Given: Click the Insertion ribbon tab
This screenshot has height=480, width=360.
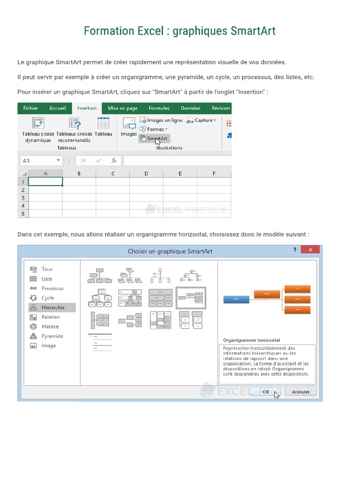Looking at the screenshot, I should click(87, 108).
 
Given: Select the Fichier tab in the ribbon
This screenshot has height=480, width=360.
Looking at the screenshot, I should click(30, 108).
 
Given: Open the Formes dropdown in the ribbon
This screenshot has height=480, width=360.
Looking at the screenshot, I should click(157, 129).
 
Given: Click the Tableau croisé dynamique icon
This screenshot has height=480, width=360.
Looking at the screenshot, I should click(37, 123).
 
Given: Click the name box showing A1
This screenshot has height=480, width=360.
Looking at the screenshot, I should click(41, 160).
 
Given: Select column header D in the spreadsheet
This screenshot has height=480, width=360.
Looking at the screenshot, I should click(146, 173).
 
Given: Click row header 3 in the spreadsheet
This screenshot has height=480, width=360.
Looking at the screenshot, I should click(23, 198).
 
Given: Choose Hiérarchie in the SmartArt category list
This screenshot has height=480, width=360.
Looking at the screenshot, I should click(52, 307).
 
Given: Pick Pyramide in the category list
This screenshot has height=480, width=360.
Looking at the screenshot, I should click(52, 336).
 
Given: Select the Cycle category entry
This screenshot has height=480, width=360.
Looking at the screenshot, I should click(47, 298).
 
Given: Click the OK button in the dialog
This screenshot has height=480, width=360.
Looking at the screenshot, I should click(266, 391).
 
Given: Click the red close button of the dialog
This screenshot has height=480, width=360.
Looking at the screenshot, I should click(310, 251).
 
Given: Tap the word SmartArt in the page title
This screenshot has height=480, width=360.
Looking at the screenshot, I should click(253, 31).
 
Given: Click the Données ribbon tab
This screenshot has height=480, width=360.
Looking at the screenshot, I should click(190, 108).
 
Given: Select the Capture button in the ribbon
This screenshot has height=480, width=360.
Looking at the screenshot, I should click(202, 120).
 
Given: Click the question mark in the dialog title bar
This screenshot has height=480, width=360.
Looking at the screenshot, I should click(294, 251).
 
